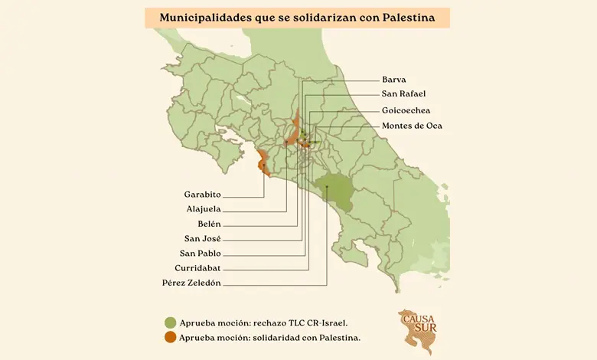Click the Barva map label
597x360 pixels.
point(393,79)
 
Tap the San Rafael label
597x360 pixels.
point(403,94)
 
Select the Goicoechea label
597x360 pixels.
point(406,110)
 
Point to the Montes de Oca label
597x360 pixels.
point(412,126)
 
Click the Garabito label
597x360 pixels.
point(202,195)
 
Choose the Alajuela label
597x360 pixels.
point(203,209)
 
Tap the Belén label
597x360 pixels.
point(209,224)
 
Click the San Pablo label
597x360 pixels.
point(201,254)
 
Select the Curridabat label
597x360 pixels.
point(198,268)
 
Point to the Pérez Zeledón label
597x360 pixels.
point(191,283)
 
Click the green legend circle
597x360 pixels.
point(170,322)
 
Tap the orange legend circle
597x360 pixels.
point(170,337)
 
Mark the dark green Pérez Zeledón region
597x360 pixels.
point(338,190)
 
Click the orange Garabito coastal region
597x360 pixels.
point(262,162)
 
